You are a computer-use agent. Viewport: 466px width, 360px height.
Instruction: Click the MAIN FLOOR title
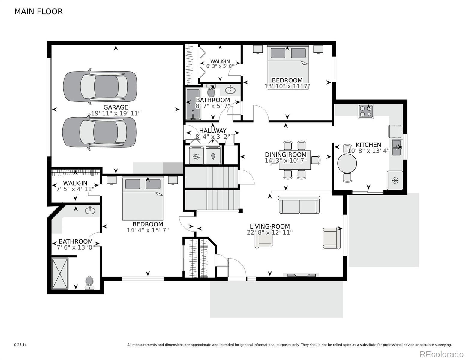38,12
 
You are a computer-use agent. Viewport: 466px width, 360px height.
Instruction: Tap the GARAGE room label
116,107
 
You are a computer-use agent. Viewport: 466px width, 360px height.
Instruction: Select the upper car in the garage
100,86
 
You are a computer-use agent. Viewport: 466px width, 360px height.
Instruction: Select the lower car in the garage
99,133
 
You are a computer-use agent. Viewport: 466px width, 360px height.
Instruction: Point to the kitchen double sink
398,148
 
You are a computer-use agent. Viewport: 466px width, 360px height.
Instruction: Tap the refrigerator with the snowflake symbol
395,180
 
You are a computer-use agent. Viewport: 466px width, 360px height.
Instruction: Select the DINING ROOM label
286,155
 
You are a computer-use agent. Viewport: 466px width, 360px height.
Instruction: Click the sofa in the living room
299,205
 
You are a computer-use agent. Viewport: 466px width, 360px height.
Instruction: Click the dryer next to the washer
213,155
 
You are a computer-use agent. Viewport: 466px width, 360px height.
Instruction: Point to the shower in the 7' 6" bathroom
60,274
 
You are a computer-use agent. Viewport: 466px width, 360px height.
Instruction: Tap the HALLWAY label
212,131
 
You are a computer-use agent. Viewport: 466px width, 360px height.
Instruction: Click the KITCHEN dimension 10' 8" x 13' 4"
368,151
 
